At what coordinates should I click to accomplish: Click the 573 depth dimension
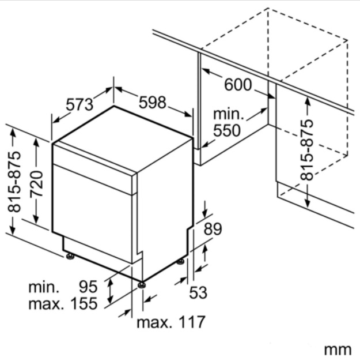(79, 105)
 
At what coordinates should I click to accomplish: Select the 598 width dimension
(152, 103)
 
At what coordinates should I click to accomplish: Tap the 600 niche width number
(238, 85)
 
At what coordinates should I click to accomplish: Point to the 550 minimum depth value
(227, 130)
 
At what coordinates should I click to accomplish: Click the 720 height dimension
(37, 184)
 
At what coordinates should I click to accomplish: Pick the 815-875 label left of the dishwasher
(14, 182)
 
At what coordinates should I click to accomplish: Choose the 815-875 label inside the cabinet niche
(307, 150)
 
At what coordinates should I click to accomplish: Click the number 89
(213, 228)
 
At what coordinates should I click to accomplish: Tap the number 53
(198, 292)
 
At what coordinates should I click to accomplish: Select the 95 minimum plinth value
(88, 287)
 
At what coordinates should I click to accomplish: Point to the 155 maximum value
(84, 303)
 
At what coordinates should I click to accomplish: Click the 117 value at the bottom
(191, 322)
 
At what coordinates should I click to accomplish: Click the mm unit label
(338, 350)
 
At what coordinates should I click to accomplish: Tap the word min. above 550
(229, 114)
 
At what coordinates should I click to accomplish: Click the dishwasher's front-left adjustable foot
(70, 256)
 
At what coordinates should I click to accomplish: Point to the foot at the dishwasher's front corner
(142, 285)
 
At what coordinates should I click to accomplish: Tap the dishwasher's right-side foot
(180, 262)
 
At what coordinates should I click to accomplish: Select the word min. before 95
(44, 287)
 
